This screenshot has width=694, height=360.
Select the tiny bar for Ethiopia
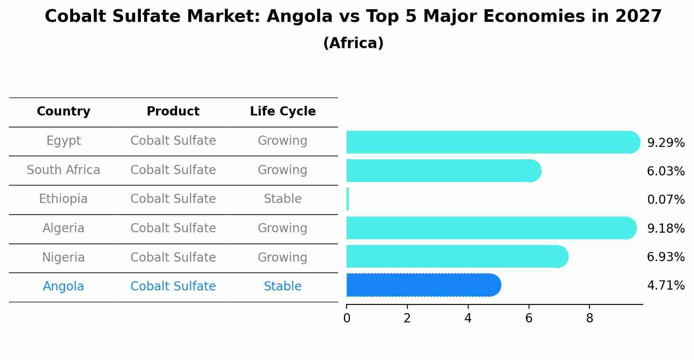click(x=347, y=199)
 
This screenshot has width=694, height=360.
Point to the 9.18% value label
click(x=665, y=228)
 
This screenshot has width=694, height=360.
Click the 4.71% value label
click(x=665, y=286)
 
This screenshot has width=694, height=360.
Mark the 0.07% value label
click(x=665, y=200)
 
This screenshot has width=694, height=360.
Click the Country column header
click(x=63, y=112)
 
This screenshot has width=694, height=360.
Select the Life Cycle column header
click(x=283, y=112)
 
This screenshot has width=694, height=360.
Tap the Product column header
click(x=173, y=112)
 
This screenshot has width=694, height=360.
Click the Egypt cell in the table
click(x=63, y=141)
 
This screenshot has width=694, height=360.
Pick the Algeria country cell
click(x=63, y=228)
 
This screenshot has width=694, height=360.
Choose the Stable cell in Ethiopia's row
click(x=283, y=199)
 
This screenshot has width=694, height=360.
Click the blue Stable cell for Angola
click(x=283, y=287)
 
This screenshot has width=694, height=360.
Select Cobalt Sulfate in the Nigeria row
click(x=173, y=257)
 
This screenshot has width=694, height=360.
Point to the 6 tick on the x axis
click(x=529, y=318)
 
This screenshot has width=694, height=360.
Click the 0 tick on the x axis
click(x=347, y=318)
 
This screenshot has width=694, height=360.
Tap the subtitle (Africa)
click(x=353, y=43)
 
